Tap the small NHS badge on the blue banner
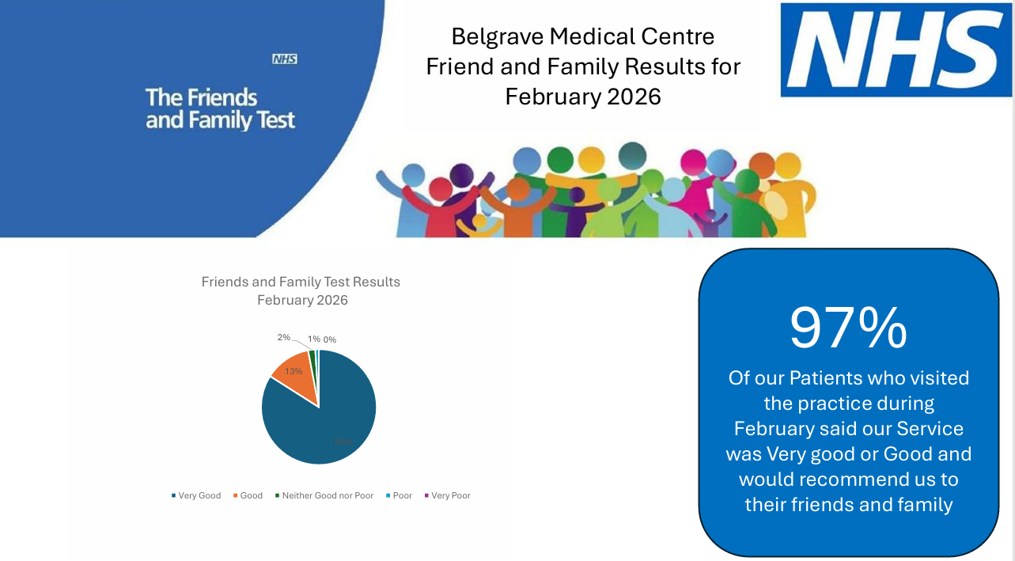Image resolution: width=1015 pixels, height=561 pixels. click(284, 59)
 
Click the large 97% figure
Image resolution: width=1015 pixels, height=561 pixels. click(848, 327)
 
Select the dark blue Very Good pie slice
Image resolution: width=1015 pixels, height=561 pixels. click(324, 419)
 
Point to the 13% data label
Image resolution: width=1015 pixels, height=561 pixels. click(294, 371)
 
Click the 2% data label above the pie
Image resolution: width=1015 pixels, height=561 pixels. click(284, 337)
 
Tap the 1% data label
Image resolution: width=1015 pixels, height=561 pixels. click(314, 339)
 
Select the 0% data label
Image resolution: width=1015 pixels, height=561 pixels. click(329, 339)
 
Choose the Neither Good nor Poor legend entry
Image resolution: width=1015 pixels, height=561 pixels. click(324, 496)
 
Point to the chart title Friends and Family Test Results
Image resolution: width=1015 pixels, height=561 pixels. click(301, 282)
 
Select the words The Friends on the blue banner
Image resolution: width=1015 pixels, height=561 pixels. click(202, 97)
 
